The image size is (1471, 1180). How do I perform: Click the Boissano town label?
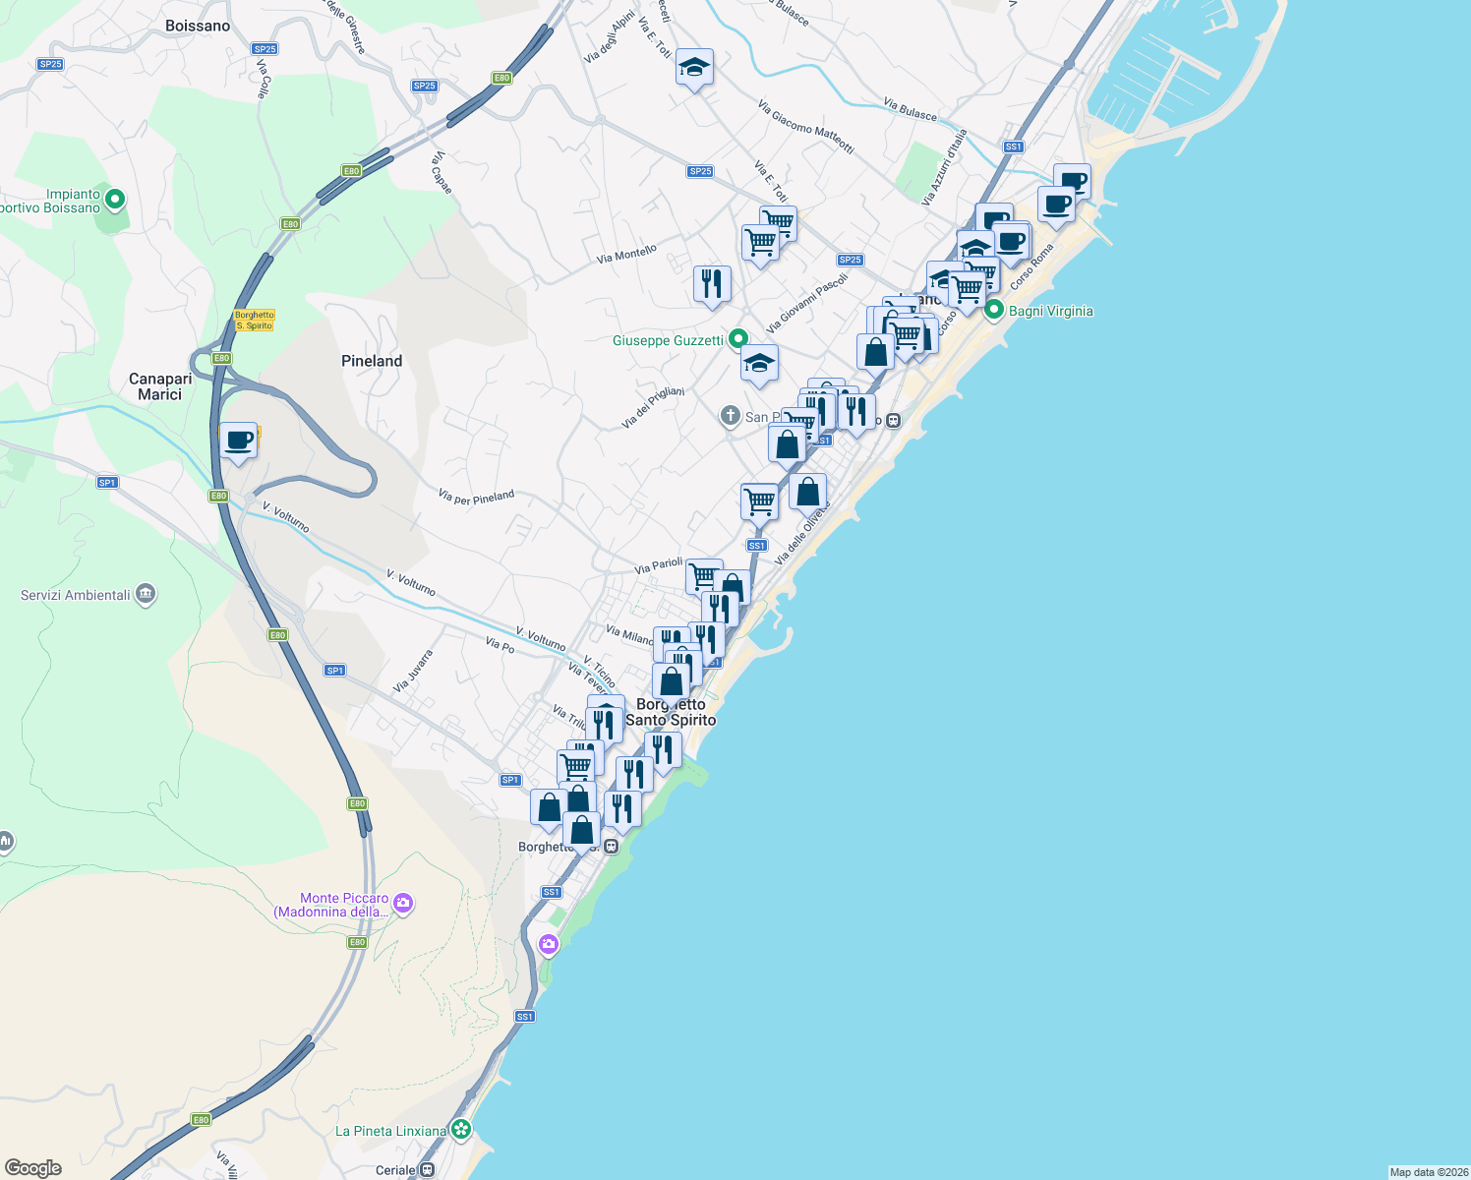198,26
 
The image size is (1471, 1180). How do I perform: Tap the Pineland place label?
372,361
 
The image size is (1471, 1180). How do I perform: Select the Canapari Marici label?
160,386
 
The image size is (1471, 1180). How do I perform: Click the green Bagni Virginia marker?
994,310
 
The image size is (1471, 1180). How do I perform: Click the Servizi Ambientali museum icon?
146,594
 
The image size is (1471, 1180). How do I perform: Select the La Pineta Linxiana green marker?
460,1129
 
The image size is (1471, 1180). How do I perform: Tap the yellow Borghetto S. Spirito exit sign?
254,321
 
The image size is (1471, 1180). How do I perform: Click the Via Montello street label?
626,254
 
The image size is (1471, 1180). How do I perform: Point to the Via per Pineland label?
476,498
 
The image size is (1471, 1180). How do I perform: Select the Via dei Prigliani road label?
653,407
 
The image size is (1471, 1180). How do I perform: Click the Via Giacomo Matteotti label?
805,126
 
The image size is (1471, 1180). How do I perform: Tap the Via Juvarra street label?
413,671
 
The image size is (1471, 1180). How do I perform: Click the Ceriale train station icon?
427,1170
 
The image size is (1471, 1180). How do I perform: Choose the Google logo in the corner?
33,1167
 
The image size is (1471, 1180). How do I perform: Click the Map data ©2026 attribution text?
1428,1172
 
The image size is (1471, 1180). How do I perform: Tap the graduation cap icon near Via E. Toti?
694,68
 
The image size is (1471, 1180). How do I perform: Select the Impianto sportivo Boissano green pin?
115,200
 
